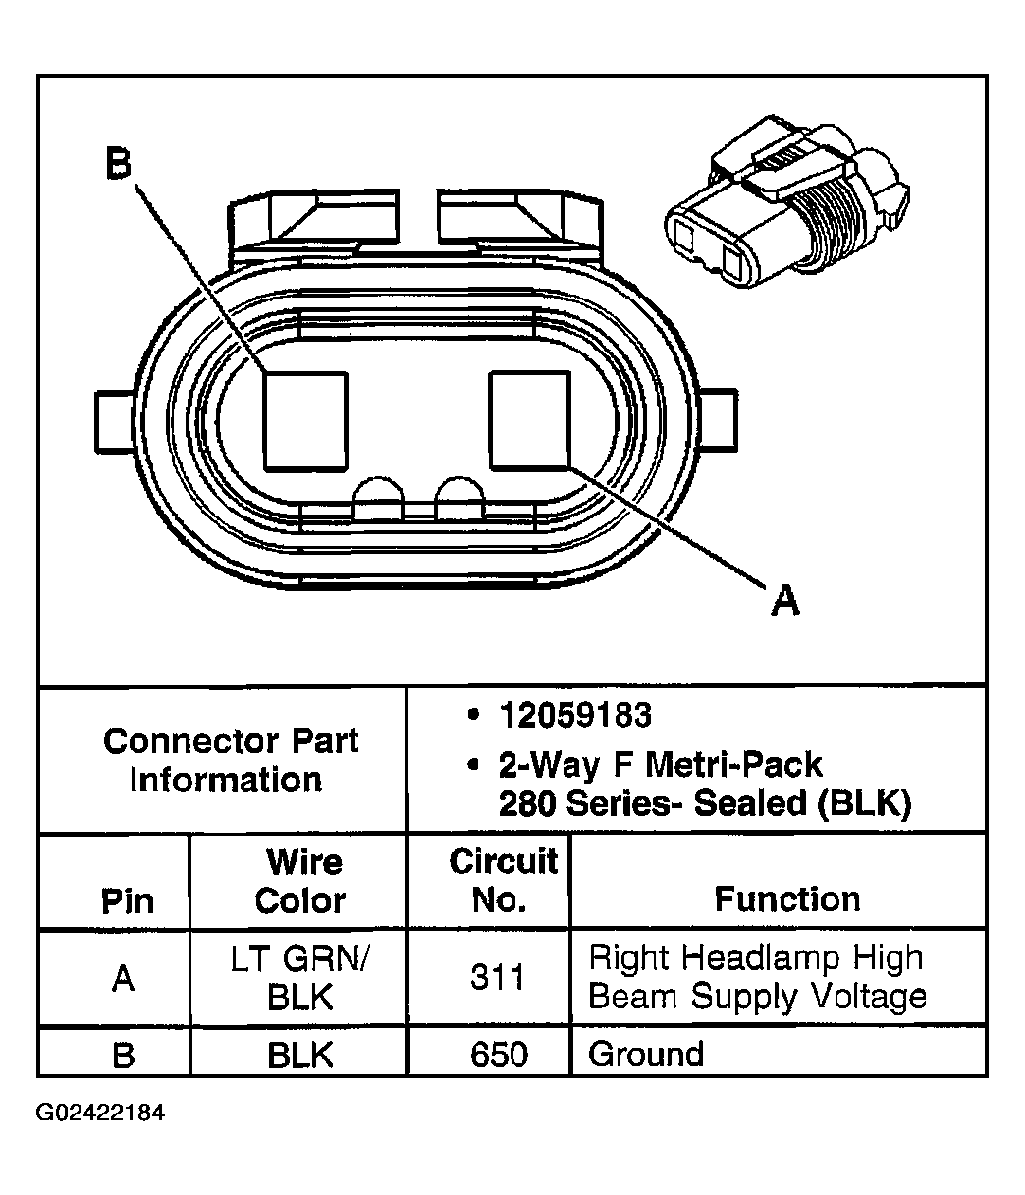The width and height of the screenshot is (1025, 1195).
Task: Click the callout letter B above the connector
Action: coord(118,165)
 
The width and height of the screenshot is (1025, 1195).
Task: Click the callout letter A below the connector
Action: coord(784,599)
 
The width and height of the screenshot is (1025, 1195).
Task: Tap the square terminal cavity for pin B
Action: coord(304,419)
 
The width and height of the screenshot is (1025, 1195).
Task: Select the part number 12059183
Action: coord(574,716)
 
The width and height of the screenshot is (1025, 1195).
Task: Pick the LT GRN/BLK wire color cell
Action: coord(299,978)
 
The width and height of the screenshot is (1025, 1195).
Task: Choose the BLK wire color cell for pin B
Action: coord(299,1055)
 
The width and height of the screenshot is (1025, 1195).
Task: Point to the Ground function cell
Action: coord(646,1055)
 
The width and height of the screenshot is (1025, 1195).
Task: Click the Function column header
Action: coord(786,899)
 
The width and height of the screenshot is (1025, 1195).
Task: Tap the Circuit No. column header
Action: coord(502,881)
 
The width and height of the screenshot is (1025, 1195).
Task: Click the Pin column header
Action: coord(128,901)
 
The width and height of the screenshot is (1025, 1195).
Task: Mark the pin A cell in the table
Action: coord(123,979)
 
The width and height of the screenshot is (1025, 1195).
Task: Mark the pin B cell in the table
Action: coord(123,1055)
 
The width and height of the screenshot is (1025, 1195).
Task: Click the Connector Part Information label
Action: coord(230,760)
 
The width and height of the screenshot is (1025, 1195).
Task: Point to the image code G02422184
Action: coord(101,1113)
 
